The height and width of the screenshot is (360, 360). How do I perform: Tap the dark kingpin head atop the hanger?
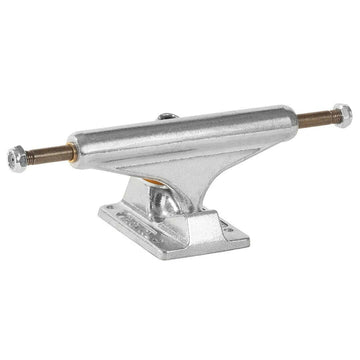168,117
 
